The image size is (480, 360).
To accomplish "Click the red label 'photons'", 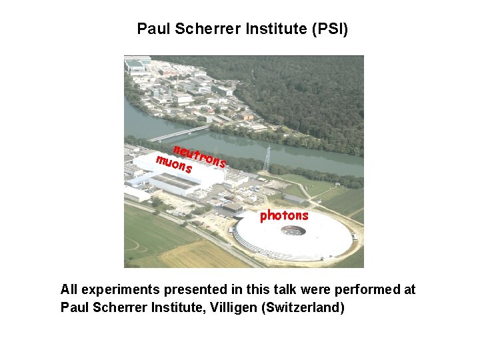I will pyautogui.click(x=284, y=215).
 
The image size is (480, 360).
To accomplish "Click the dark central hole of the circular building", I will pyautogui.click(x=293, y=231).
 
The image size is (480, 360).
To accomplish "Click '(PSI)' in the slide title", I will pyautogui.click(x=326, y=29).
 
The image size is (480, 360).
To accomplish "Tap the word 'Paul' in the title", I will pyautogui.click(x=151, y=29).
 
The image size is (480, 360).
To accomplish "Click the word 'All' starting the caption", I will pyautogui.click(x=69, y=289).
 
